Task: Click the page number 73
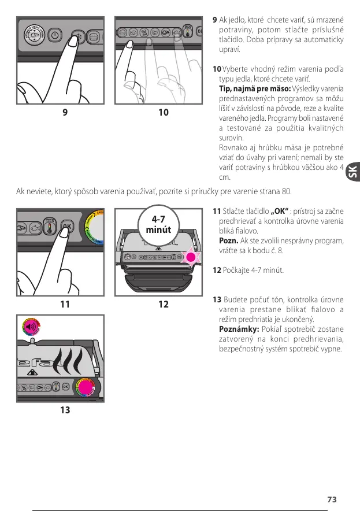331,499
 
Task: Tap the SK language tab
352,172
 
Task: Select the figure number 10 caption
164,112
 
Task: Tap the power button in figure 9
54,35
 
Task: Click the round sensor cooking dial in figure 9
34,35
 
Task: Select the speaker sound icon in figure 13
30,327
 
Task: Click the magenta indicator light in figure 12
191,258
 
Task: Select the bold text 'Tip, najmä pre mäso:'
255,88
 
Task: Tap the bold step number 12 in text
217,270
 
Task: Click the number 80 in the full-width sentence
287,191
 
